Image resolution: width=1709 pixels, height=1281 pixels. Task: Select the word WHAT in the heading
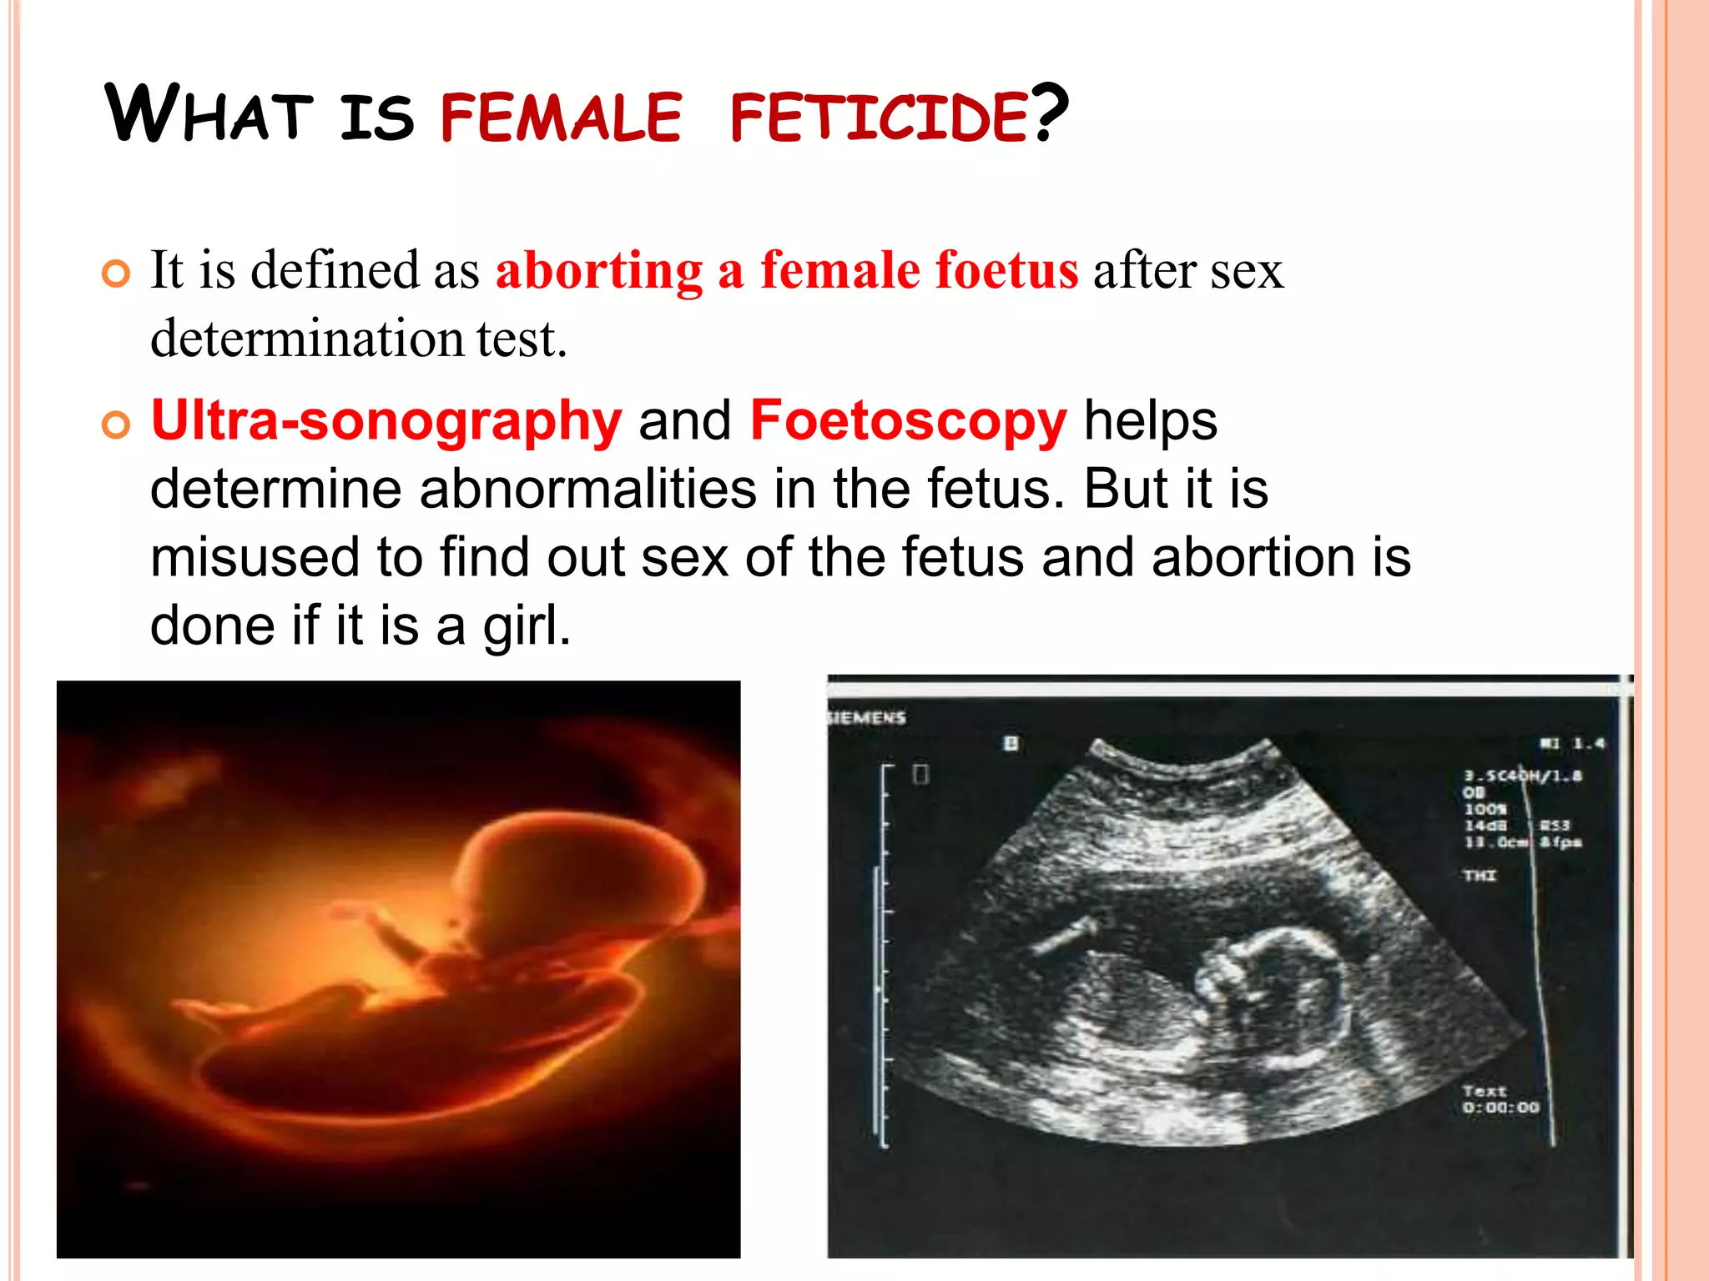[x=209, y=114]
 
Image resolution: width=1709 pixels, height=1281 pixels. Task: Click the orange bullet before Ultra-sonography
[x=116, y=425]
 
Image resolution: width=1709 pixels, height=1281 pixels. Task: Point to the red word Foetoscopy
[x=908, y=420]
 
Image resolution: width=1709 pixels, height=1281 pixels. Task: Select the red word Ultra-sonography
[x=386, y=420]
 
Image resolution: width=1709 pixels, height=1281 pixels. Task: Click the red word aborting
[x=599, y=271]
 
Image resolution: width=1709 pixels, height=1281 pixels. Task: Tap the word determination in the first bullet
[x=307, y=339]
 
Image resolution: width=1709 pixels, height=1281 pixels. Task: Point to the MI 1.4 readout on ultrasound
[x=1572, y=743]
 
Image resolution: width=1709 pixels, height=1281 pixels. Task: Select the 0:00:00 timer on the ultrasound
[x=1500, y=1108]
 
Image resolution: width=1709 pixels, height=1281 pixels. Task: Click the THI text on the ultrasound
[x=1480, y=875]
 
